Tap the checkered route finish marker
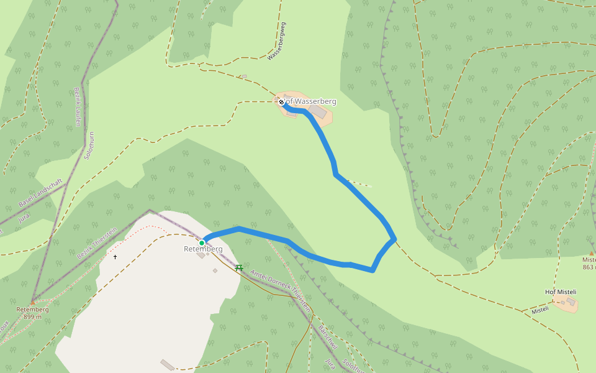click(281, 102)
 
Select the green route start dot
click(202, 242)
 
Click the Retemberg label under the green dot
click(203, 249)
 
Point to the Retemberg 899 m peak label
click(32, 313)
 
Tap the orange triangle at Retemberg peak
click(32, 303)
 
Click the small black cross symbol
click(115, 257)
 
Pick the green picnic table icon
click(239, 267)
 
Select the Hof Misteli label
click(561, 292)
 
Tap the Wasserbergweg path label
click(277, 41)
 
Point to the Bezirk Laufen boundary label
click(78, 107)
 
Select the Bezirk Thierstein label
click(97, 243)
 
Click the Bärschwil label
click(327, 336)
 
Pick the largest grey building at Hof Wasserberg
click(317, 111)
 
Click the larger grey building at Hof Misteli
click(571, 301)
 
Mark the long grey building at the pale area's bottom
click(168, 364)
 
